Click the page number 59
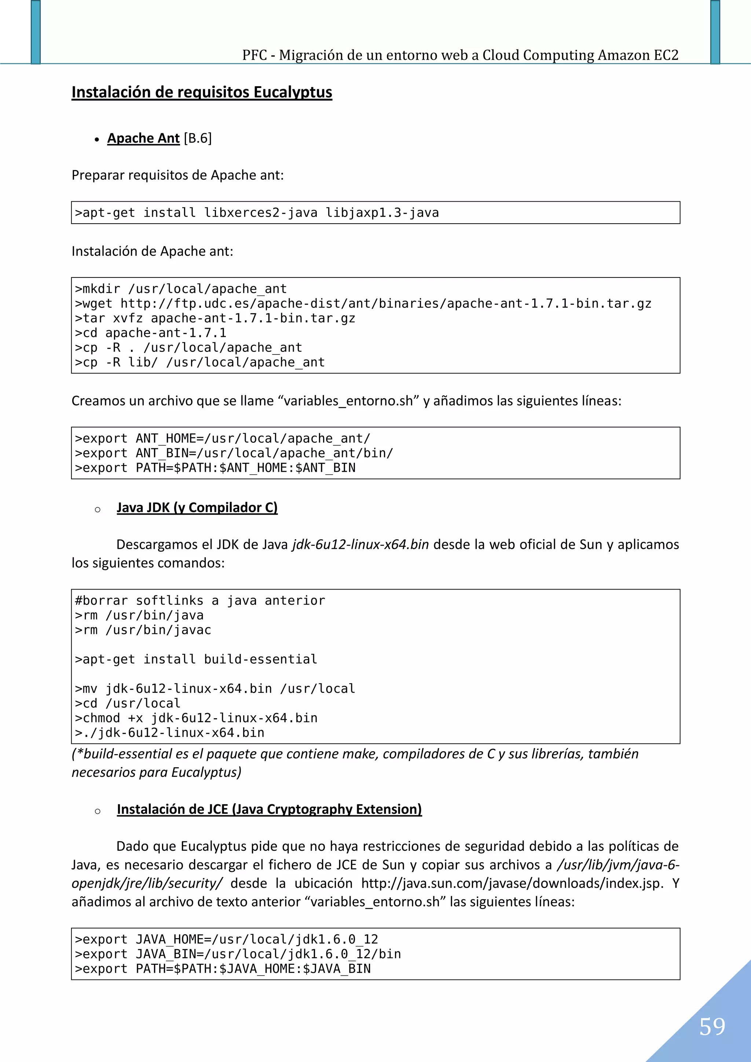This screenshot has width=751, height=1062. click(x=712, y=1026)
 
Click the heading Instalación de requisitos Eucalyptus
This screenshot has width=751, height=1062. click(x=202, y=92)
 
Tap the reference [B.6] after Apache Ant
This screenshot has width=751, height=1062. click(x=198, y=138)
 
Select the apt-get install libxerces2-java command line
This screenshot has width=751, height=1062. click(x=257, y=213)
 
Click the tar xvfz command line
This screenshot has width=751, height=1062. click(x=215, y=318)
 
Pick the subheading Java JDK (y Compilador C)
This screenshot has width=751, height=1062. click(x=197, y=507)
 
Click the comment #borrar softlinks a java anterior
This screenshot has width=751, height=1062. click(x=200, y=600)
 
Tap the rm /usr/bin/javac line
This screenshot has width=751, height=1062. click(x=143, y=630)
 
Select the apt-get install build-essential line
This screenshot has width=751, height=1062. click(x=196, y=659)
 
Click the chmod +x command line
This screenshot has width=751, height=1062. click(x=196, y=718)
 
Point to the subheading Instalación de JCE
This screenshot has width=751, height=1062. click(x=269, y=809)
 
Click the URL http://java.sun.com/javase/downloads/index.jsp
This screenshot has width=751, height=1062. click(x=512, y=883)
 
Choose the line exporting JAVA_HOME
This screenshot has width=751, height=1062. click(x=226, y=940)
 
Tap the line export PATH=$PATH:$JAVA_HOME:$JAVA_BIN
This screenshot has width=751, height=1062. click(x=223, y=969)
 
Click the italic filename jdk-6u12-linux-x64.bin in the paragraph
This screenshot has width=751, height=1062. click(x=360, y=544)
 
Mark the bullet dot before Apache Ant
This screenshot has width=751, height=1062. click(x=97, y=139)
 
